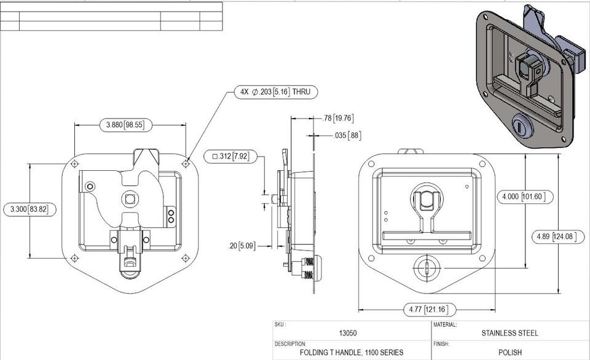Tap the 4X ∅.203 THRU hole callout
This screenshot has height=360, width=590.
coord(276,93)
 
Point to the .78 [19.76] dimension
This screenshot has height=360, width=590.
coord(338,118)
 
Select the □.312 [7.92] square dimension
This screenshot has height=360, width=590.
coord(229,155)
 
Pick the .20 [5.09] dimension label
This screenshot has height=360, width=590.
coord(242,246)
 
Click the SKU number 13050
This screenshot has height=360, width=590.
coord(348,333)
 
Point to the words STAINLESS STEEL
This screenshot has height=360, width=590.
coord(509,333)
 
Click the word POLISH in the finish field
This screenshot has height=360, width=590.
coord(509,353)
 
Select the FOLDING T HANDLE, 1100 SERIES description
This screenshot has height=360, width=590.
coord(352,353)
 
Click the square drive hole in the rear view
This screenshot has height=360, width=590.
coord(130,198)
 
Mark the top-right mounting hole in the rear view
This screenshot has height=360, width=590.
coord(186,163)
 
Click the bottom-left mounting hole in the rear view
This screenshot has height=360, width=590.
coord(74,257)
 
